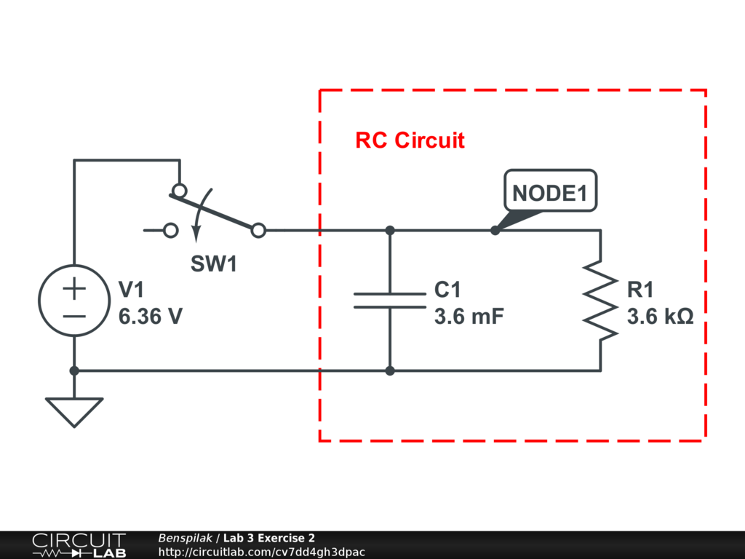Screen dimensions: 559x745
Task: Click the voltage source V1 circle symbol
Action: click(x=73, y=301)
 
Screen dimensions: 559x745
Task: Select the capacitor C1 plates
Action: click(x=390, y=301)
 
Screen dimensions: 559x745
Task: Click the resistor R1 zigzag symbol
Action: click(x=600, y=301)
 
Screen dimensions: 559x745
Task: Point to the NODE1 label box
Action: click(x=550, y=192)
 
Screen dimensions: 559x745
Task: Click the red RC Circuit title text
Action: click(x=410, y=140)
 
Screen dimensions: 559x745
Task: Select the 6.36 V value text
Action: click(x=151, y=317)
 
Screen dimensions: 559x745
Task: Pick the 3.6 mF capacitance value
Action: click(x=469, y=317)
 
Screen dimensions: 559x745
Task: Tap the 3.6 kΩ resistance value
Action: click(x=660, y=317)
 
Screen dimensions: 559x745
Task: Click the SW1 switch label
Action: click(x=214, y=264)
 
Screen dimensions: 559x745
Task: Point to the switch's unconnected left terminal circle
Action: click(x=171, y=231)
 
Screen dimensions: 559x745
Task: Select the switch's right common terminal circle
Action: click(x=258, y=231)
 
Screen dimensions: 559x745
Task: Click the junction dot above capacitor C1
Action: click(x=390, y=231)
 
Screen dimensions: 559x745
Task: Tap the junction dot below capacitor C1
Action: click(x=390, y=370)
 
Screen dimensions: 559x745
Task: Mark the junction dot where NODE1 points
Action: click(x=495, y=231)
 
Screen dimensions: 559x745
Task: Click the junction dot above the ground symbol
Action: click(x=73, y=370)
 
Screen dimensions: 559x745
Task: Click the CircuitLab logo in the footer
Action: click(x=79, y=545)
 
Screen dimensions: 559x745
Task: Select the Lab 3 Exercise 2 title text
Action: click(x=269, y=539)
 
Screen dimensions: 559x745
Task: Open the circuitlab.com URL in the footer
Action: click(x=261, y=552)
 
